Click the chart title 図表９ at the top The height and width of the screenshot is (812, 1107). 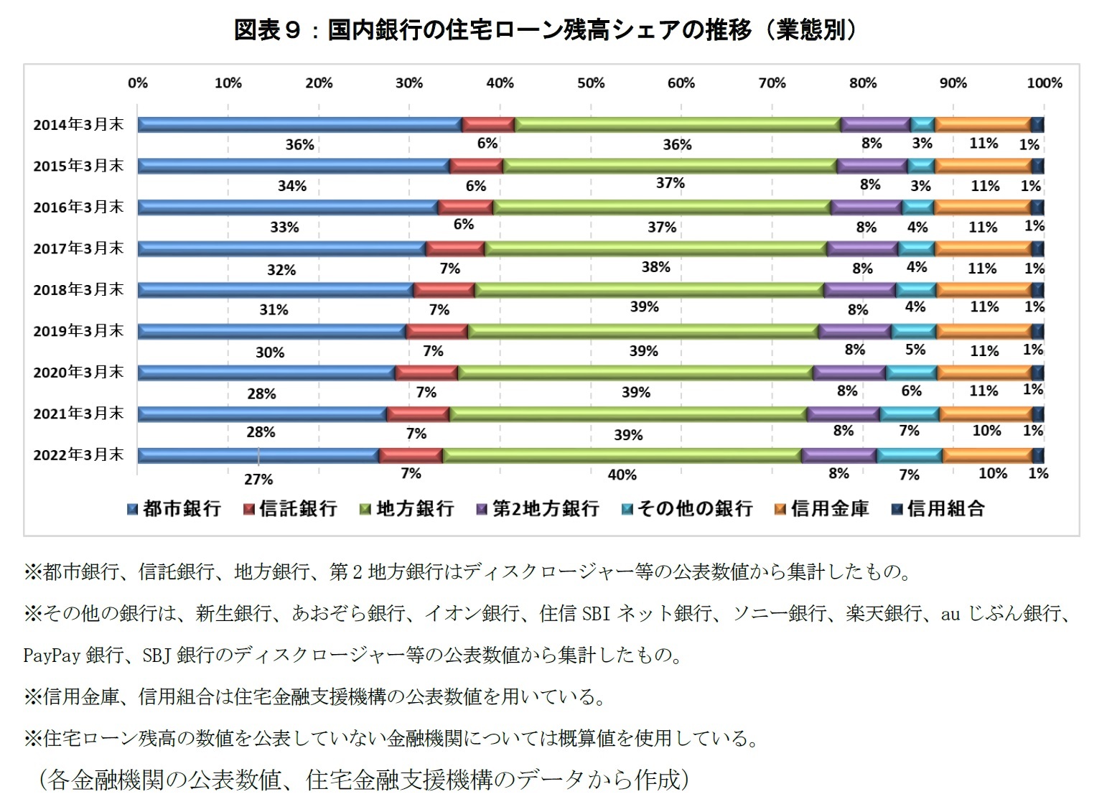pyautogui.click(x=266, y=30)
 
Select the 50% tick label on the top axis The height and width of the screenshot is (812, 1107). pyautogui.click(x=590, y=83)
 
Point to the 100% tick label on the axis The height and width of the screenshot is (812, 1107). pyautogui.click(x=1043, y=83)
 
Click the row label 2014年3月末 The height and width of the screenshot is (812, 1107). pyautogui.click(x=78, y=125)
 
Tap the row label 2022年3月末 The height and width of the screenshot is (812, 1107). pyautogui.click(x=78, y=455)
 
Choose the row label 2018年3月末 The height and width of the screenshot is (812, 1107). pyautogui.click(x=78, y=290)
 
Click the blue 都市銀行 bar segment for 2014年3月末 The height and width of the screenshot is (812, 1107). pyautogui.click(x=299, y=125)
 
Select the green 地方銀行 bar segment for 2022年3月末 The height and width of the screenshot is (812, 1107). pyautogui.click(x=621, y=456)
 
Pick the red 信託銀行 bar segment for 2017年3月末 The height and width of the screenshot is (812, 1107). pyautogui.click(x=455, y=249)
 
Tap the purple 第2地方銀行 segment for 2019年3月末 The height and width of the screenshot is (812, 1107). pyautogui.click(x=854, y=332)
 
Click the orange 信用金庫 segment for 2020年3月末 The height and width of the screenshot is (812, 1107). pyautogui.click(x=984, y=373)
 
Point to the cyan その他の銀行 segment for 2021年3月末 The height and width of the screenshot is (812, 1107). pyautogui.click(x=909, y=414)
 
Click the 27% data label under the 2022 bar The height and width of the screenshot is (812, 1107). pyautogui.click(x=258, y=480)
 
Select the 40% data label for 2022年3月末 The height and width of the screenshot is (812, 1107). pyautogui.click(x=622, y=475)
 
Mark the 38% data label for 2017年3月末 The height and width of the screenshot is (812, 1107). pyautogui.click(x=655, y=267)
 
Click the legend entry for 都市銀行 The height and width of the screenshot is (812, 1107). pyautogui.click(x=174, y=509)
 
